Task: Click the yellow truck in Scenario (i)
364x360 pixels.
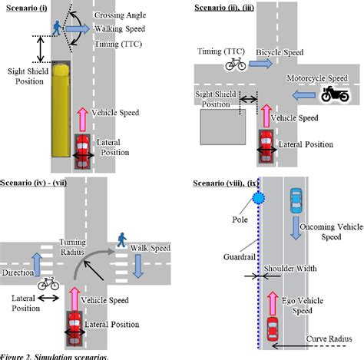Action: [x=61, y=107]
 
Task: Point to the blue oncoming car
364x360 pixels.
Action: [x=296, y=203]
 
